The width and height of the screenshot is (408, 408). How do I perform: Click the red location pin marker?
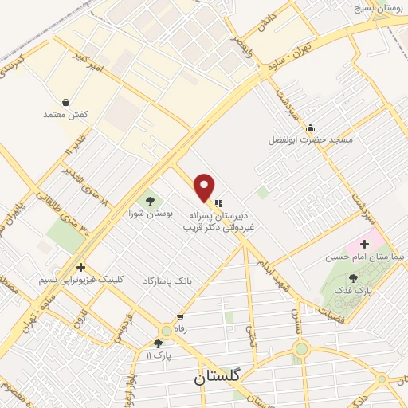204,186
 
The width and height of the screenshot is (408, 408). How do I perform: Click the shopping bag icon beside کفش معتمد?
65,103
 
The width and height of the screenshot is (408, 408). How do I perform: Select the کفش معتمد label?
65,116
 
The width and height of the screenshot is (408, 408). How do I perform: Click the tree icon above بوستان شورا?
150,199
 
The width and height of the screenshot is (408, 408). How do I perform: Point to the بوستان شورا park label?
150,213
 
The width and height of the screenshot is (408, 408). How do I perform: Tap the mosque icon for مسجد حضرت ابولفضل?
310,127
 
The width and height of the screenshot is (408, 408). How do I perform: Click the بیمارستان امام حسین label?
366,257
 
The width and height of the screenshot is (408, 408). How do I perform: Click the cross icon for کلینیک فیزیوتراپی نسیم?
80,267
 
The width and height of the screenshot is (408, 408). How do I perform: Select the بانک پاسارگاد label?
169,281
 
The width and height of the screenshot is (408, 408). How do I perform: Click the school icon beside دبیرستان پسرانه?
218,203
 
